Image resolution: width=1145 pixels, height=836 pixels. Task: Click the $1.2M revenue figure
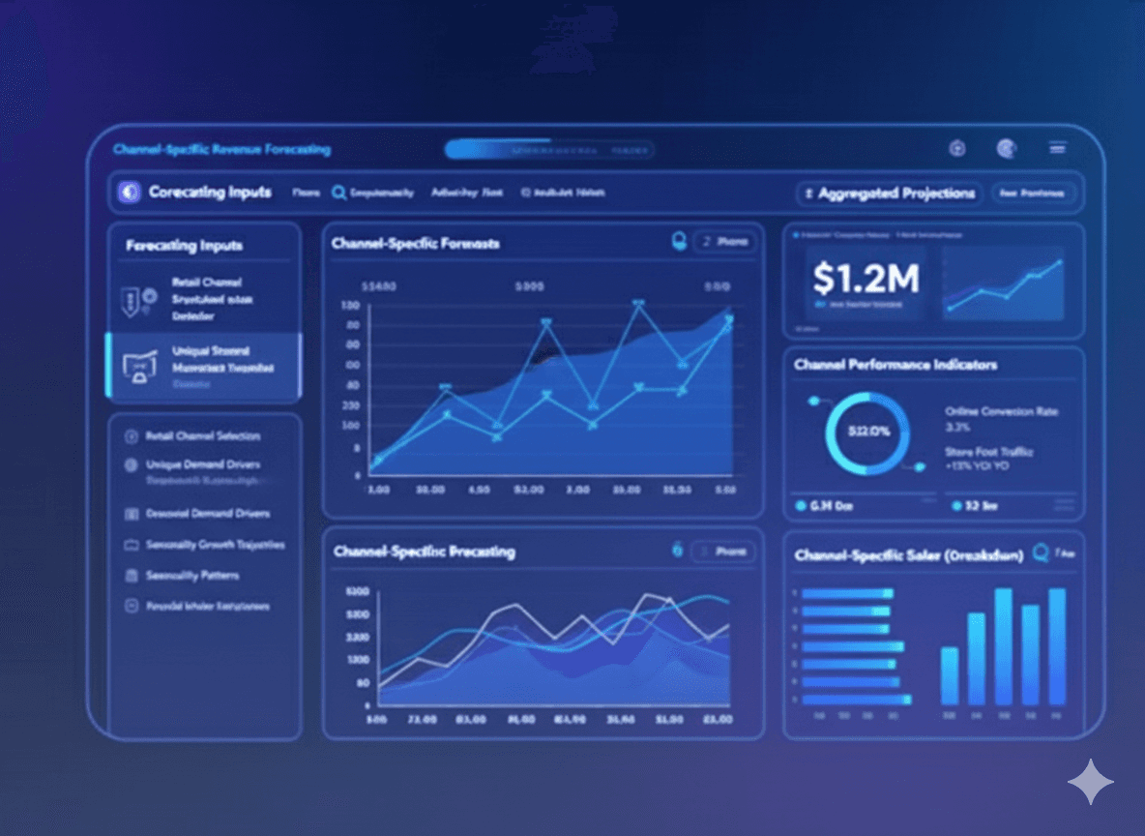coord(866,280)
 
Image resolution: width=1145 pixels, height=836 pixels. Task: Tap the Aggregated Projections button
coord(889,194)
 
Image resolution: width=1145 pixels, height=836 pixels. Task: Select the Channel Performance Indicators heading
coord(895,365)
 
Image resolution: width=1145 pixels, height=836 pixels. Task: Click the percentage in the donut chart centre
coord(867,432)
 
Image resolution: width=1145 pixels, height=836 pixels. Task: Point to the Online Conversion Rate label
coord(1001,411)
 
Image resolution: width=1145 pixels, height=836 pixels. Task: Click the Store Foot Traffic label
coord(989,452)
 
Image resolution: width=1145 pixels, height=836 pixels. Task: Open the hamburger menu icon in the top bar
coord(1058,148)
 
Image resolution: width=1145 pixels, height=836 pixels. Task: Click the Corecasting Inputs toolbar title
coord(210,193)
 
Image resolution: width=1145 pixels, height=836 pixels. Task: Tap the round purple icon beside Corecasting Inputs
coord(129,193)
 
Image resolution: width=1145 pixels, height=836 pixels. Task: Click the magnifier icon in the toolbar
coord(338,193)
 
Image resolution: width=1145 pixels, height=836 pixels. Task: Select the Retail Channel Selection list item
coord(202,436)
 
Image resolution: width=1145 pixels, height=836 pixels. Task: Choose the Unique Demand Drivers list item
coord(202,465)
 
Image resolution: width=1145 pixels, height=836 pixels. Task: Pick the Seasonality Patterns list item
coord(191,576)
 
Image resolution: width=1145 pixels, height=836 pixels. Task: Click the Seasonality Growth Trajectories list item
coord(215,545)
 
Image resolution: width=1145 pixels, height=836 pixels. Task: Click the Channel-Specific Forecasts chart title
coord(415,244)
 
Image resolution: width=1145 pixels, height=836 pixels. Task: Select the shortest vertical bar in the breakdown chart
coord(950,675)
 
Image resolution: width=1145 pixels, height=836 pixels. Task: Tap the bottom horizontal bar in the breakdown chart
coord(856,699)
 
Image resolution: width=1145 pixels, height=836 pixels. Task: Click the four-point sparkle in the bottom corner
coord(1090,782)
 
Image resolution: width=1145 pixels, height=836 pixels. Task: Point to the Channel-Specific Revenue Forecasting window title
coord(221,150)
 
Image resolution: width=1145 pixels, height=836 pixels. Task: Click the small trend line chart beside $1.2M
coord(1004,283)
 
